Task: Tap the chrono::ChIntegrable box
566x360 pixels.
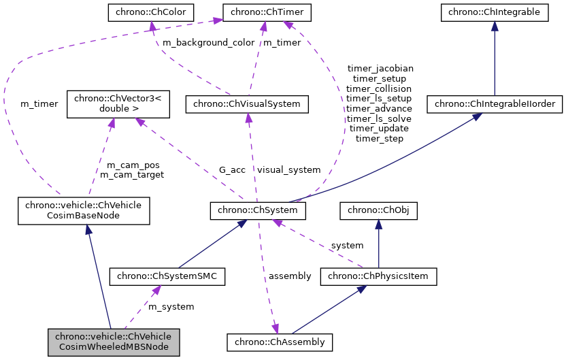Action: pyautogui.click(x=494, y=12)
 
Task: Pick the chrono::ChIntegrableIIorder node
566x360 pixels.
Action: pyautogui.click(x=493, y=105)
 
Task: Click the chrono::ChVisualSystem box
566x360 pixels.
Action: pyautogui.click(x=248, y=105)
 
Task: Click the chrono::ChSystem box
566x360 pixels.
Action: pyautogui.click(x=258, y=212)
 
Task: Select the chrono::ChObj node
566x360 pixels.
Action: pyautogui.click(x=378, y=212)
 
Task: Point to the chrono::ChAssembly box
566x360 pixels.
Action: pyautogui.click(x=280, y=342)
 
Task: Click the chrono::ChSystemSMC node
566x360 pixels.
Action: pyautogui.click(x=167, y=276)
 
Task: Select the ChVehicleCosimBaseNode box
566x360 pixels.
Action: pyautogui.click(x=84, y=212)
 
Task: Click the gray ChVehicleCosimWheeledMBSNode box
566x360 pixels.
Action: pyautogui.click(x=114, y=342)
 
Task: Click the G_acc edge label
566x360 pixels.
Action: pyautogui.click(x=232, y=169)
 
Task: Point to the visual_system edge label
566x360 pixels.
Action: pyautogui.click(x=288, y=169)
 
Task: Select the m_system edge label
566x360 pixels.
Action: pyautogui.click(x=171, y=308)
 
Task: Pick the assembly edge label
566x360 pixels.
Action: pyautogui.click(x=289, y=276)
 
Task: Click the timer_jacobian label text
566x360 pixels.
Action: pyautogui.click(x=380, y=68)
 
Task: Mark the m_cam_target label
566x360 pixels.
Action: pyautogui.click(x=131, y=174)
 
